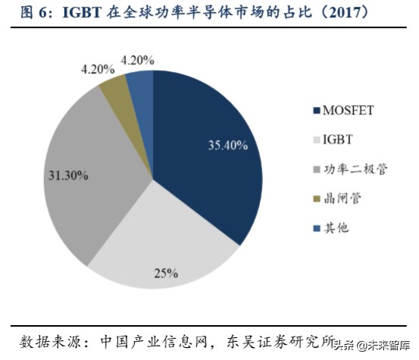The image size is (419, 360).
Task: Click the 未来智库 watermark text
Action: click(x=387, y=345)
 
